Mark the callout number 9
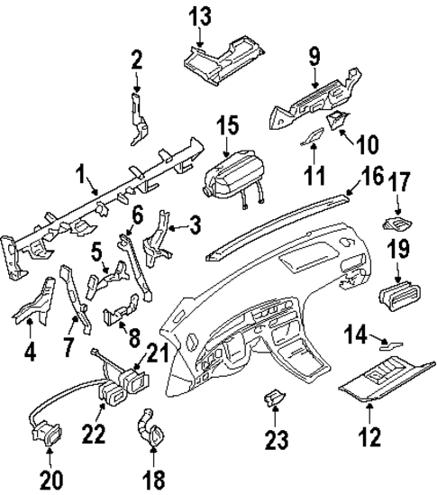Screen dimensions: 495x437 (314, 57)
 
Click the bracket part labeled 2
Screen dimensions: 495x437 (136, 117)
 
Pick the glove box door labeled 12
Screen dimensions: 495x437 (378, 377)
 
